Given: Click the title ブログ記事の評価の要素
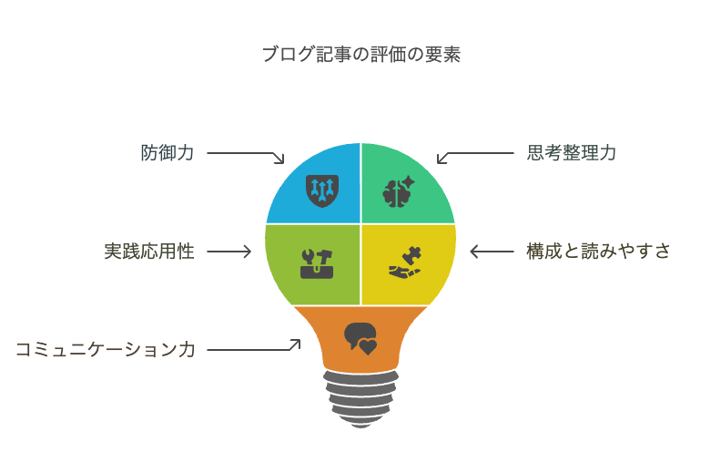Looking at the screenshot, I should pyautogui.click(x=360, y=55).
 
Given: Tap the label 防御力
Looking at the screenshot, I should pyautogui.click(x=168, y=152).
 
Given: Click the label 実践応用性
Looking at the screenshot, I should pyautogui.click(x=149, y=252).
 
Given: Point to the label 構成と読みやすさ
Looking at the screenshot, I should pyautogui.click(x=598, y=252).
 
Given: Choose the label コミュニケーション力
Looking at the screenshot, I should pyautogui.click(x=106, y=349).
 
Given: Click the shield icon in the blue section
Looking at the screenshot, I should pyautogui.click(x=322, y=189).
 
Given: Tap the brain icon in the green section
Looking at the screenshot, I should pyautogui.click(x=398, y=191).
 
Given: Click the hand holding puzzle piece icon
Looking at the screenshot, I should pyautogui.click(x=405, y=262).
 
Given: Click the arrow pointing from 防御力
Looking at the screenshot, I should pyautogui.click(x=246, y=156).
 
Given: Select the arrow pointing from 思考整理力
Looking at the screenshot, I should pyautogui.click(x=474, y=156).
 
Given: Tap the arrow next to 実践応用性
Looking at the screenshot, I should pyautogui.click(x=228, y=252).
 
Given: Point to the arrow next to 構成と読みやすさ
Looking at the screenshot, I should pyautogui.click(x=493, y=252).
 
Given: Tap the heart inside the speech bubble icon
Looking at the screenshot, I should pyautogui.click(x=368, y=346).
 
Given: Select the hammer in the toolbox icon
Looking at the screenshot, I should pyautogui.click(x=324, y=255).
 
